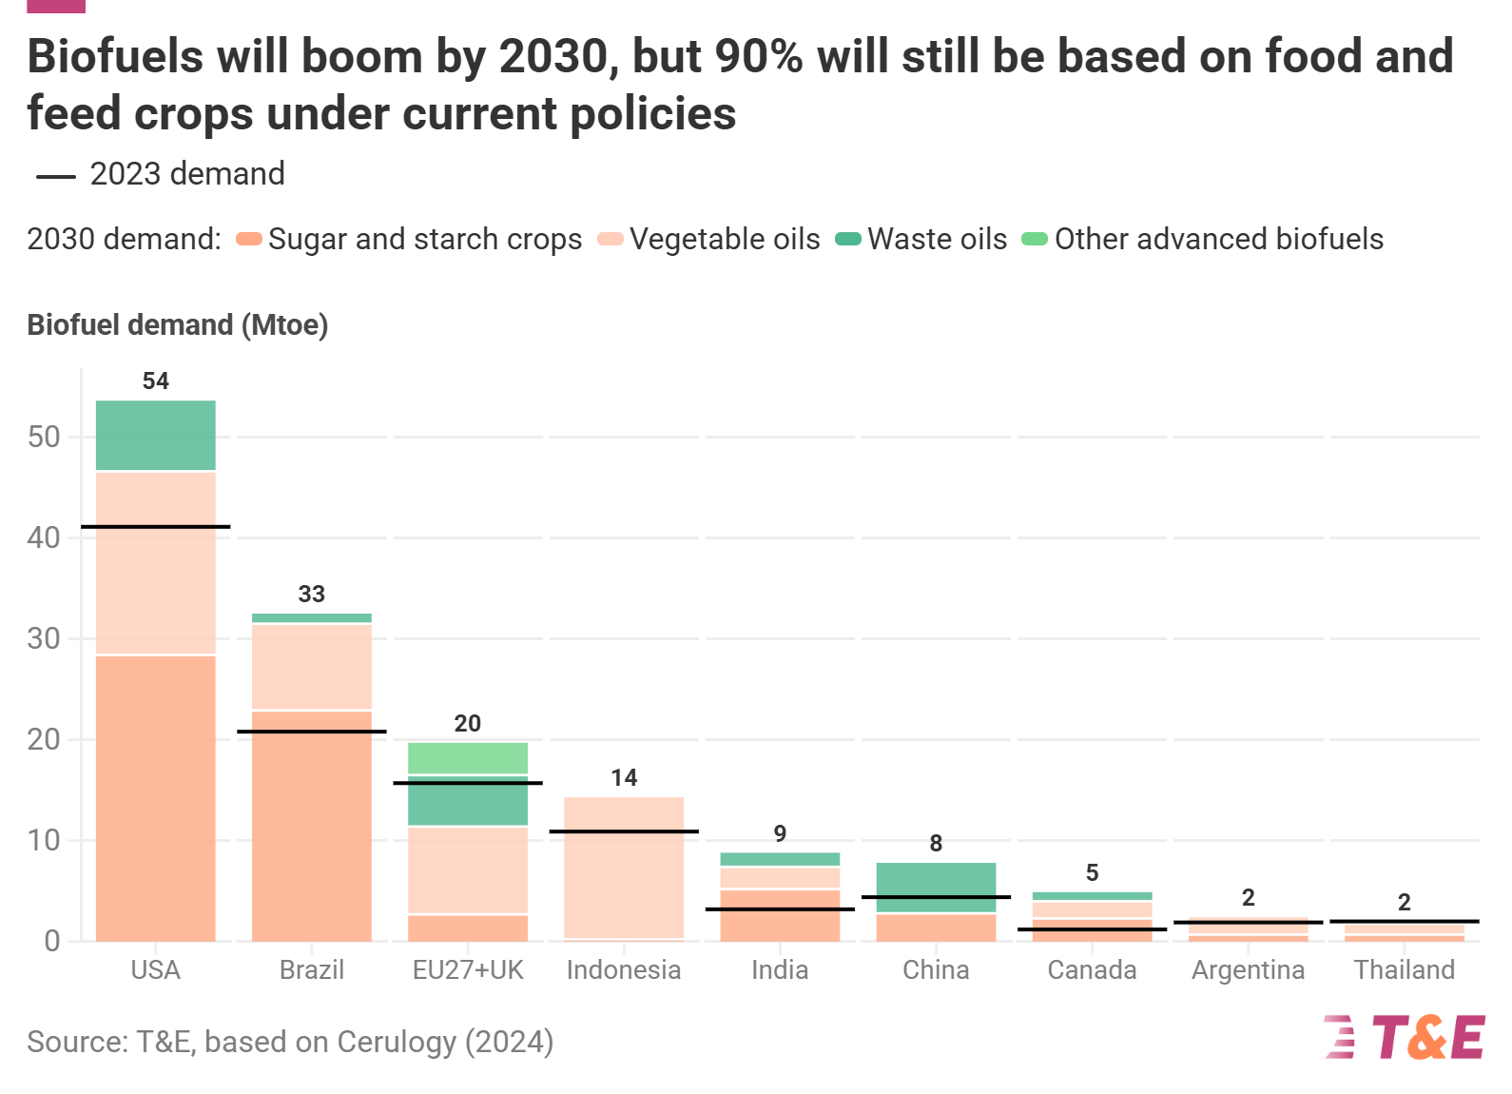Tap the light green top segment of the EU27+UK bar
467,758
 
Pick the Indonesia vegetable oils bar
624,868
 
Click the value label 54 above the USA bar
155,381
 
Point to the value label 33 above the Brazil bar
311,595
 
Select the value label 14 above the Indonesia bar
624,778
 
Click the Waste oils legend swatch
847,239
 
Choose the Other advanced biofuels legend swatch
1034,239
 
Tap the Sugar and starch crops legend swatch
249,239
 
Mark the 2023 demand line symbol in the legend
55,176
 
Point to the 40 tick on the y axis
44,537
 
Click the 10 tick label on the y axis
44,840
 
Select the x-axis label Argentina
1248,970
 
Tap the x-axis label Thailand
1404,970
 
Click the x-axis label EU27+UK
467,970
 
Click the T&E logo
1404,1037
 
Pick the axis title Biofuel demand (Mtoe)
177,325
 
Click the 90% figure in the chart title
758,57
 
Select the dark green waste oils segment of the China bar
936,879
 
